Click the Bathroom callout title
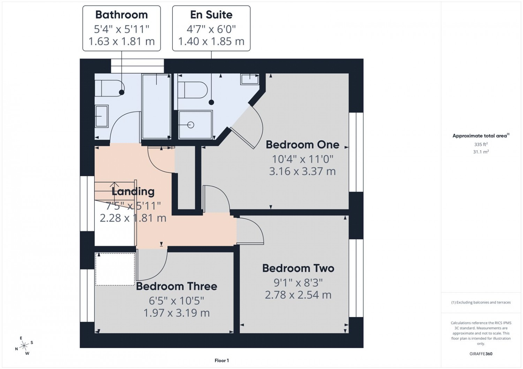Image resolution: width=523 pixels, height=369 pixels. pos(121,15)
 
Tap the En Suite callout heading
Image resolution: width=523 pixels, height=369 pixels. pos(211,15)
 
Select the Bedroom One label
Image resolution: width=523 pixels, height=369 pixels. pos(302,144)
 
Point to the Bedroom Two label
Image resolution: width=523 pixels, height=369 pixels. pos(298,268)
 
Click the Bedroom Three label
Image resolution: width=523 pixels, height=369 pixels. pos(176,286)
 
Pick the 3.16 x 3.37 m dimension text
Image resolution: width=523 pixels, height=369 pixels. pos(302,171)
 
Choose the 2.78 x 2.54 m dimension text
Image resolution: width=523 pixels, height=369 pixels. pos(298,295)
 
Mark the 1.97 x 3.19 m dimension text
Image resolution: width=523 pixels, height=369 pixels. pos(176,313)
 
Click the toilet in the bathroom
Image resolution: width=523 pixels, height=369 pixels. pos(108,88)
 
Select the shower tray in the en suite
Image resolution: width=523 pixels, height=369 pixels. pos(195,125)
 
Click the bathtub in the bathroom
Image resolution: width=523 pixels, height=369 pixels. pos(156,106)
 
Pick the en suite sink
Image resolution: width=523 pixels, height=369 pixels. pos(249,79)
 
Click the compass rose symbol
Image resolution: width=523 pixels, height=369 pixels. pos(24,346)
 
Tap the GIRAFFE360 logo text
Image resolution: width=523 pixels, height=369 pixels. pos(481,354)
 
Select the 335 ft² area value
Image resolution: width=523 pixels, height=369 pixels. pos(481,144)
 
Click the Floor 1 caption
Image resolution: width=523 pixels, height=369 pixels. pos(221,361)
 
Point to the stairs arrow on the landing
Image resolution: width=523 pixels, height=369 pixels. pos(114,186)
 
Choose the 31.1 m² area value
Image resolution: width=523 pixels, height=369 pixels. pos(481,152)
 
